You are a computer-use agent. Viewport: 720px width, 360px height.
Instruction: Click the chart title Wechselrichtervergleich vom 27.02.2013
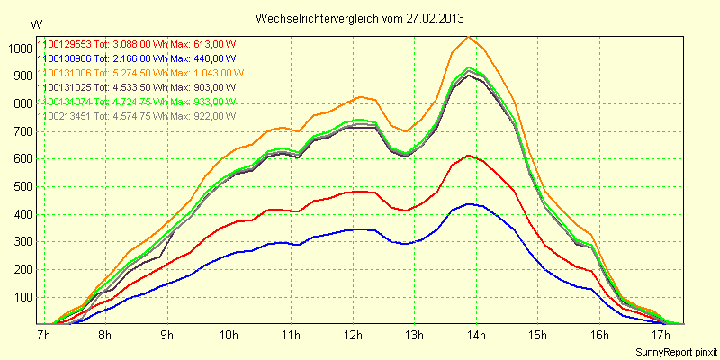click(x=360, y=18)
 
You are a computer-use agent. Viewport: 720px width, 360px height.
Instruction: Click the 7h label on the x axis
click(x=42, y=335)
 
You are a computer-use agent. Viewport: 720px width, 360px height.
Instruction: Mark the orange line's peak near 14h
click(x=468, y=36)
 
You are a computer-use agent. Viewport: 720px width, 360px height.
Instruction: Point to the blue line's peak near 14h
click(x=470, y=203)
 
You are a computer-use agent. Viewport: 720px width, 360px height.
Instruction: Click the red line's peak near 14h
click(x=468, y=156)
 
